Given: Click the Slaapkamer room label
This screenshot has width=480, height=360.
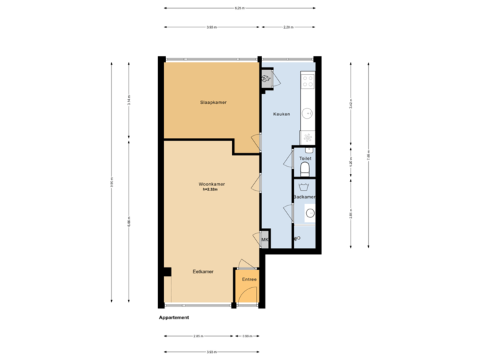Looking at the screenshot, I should pos(213,103).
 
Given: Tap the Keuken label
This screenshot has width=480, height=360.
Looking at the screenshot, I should pos(281,114).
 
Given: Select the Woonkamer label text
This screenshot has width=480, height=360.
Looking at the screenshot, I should pos(211,184).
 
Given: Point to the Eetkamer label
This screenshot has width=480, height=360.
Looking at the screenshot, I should pos(203,272).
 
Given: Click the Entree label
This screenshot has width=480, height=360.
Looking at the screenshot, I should pos(249,279).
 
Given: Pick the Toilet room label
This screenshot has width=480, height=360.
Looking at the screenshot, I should pos(305,159).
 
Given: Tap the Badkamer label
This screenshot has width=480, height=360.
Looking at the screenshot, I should pos(305,197).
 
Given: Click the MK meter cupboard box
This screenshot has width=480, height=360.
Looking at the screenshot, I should pos(265,240).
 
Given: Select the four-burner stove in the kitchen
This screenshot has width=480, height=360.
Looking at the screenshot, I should pos(307,81).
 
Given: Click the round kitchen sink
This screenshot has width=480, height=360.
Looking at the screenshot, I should pos(307,113).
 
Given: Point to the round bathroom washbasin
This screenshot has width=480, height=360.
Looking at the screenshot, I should pos(309,214).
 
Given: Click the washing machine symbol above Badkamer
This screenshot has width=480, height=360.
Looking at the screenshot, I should pos(304,187).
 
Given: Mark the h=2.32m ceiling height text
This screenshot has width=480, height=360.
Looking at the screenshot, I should pos(211,190).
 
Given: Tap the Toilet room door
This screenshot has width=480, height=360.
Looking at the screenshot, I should pos(289,160).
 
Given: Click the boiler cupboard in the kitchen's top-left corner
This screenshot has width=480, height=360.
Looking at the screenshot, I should pos(267,79).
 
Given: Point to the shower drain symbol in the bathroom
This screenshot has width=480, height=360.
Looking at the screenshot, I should pos(297,238).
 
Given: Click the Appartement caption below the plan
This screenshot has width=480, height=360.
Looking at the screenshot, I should pos(174,317).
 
